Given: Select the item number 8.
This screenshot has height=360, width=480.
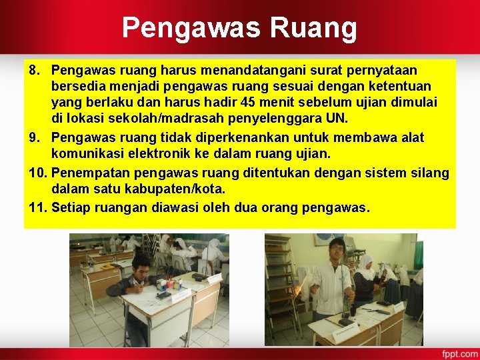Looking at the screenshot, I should [x=35, y=70].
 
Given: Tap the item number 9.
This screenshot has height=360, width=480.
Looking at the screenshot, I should [x=35, y=138].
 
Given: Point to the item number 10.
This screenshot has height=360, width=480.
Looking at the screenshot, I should [x=38, y=173].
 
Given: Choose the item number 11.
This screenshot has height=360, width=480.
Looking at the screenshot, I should [x=38, y=207].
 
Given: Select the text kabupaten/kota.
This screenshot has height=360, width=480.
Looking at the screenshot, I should [x=175, y=190].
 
